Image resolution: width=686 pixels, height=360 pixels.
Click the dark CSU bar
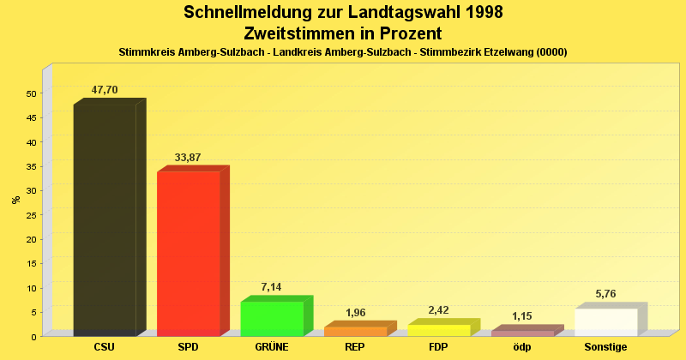tap(105, 219)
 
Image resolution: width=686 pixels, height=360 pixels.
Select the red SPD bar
tap(188, 254)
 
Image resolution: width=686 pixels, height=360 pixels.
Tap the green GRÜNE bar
tap(272, 318)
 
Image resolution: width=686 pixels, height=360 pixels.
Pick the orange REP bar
tap(355, 331)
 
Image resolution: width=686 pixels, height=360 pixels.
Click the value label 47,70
tap(105, 90)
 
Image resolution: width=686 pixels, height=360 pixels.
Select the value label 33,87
tap(188, 158)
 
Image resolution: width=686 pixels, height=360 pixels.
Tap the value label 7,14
tap(271, 287)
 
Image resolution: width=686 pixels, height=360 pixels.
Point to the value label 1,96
tap(355, 313)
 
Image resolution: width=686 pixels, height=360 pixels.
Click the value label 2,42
tap(438, 310)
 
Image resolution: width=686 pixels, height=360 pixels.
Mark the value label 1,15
tap(522, 316)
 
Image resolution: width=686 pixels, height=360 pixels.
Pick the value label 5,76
tap(605, 294)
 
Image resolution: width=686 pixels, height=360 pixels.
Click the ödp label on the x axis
tap(522, 347)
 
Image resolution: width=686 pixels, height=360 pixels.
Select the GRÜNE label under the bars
tap(271, 347)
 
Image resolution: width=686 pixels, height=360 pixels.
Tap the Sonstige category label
tap(606, 347)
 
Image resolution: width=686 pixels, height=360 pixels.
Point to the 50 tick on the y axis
tap(31, 93)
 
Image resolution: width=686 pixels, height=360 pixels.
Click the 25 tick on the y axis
tap(31, 215)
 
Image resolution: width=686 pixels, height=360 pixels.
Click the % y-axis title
tap(15, 200)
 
